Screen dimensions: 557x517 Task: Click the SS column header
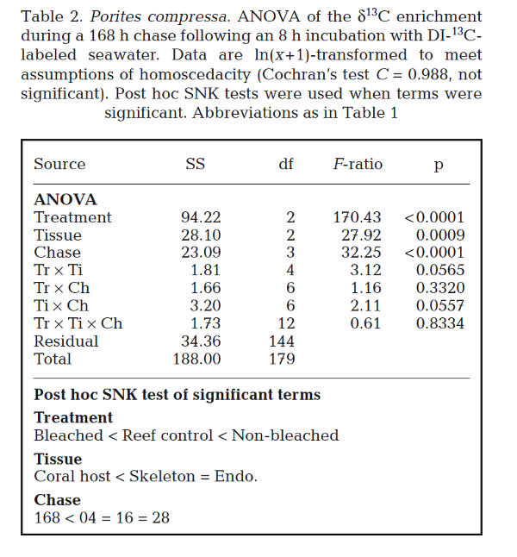196,164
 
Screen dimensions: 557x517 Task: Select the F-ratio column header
358,164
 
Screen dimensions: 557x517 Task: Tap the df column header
286,164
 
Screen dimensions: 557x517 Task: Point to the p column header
439,166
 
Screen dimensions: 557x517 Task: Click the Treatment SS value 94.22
200,217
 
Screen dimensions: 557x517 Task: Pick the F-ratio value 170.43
357,217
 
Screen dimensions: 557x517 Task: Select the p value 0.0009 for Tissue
440,235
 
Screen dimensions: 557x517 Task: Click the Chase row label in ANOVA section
57,253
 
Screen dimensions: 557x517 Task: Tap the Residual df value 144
281,341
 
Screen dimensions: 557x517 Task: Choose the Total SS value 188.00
196,359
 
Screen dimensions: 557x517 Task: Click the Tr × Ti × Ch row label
78,323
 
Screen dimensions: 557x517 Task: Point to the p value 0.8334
440,323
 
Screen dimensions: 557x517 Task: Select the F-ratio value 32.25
361,253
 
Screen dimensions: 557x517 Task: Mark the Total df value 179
281,359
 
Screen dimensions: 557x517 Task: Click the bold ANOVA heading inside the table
65,199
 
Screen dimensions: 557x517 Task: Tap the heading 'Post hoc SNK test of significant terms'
177,395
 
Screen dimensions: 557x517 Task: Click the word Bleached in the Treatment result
68,435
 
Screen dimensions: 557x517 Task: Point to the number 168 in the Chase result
48,517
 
